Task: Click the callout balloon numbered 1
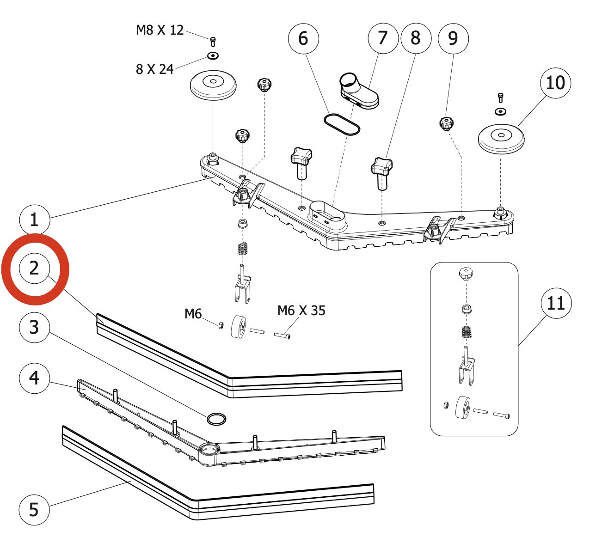(x=34, y=220)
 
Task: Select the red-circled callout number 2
(x=34, y=268)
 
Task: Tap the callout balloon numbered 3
(x=34, y=327)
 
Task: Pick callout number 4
(x=34, y=378)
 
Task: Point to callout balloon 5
(x=34, y=510)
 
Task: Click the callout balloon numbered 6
(x=303, y=38)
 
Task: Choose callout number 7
(x=383, y=38)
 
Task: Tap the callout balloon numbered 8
(x=416, y=38)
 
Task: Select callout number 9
(x=453, y=38)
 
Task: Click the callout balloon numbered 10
(x=555, y=83)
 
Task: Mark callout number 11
(x=556, y=304)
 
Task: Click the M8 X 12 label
(x=160, y=31)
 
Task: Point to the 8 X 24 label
(x=154, y=69)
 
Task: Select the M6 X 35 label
(x=301, y=311)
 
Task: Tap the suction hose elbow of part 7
(x=359, y=92)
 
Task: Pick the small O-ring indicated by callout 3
(x=216, y=419)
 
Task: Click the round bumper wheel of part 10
(x=501, y=138)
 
